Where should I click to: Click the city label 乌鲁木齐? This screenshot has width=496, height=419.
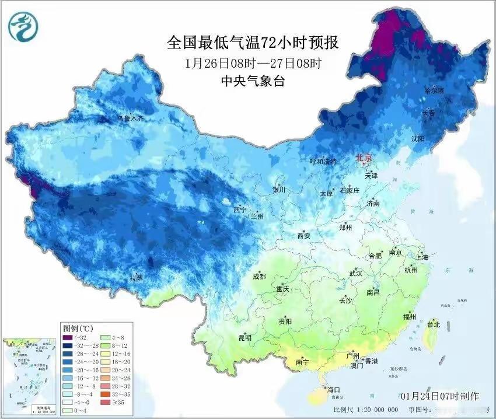(130, 118)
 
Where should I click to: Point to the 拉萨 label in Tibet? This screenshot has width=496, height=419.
(136, 278)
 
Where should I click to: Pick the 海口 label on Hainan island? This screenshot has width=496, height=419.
(333, 389)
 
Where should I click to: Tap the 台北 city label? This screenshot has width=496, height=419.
(434, 324)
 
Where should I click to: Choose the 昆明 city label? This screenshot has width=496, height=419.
(244, 338)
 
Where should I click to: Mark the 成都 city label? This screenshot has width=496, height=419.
(259, 277)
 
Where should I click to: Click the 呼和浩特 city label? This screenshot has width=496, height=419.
(323, 161)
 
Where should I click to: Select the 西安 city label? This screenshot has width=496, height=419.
(303, 236)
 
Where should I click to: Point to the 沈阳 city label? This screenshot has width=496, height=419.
(417, 138)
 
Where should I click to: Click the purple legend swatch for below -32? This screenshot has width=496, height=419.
(67, 337)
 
